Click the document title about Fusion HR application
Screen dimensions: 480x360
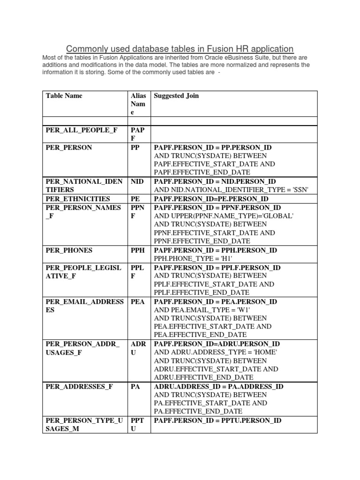(x=180, y=49)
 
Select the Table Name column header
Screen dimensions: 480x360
(x=64, y=96)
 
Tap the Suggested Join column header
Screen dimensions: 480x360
(x=176, y=96)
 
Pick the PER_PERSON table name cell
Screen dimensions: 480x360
(x=69, y=147)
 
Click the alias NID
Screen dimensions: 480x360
(x=137, y=181)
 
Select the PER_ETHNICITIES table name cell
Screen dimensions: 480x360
(x=78, y=199)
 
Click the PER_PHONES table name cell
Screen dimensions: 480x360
(x=69, y=250)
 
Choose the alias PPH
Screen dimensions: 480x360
(x=137, y=250)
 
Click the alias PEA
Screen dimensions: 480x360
(x=137, y=301)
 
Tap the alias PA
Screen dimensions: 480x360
(x=135, y=387)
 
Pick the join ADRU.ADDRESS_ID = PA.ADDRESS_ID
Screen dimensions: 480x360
(x=218, y=387)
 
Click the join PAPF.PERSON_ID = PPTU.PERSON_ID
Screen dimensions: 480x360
(x=217, y=420)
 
